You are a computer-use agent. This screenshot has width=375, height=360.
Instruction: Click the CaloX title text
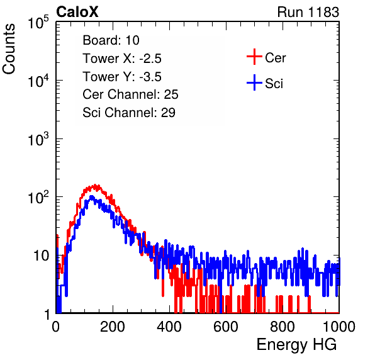(x=77, y=12)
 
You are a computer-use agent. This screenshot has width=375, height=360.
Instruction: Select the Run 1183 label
(x=308, y=12)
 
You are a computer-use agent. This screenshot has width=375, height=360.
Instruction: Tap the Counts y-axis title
(x=9, y=49)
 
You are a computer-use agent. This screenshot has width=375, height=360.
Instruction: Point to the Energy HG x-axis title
(x=296, y=345)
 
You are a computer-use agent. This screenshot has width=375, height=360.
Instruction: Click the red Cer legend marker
(x=254, y=57)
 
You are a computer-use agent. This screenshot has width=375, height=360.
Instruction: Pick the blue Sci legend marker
(x=254, y=82)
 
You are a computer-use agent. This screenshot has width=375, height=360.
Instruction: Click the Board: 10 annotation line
(x=111, y=40)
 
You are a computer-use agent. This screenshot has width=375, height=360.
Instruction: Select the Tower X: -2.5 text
(x=122, y=59)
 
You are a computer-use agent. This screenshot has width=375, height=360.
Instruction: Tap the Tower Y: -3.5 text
(x=122, y=77)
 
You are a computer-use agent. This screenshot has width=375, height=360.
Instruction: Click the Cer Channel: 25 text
(x=130, y=94)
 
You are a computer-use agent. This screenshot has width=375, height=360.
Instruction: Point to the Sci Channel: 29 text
(x=129, y=113)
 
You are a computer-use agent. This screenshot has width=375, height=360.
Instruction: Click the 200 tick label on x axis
(x=113, y=327)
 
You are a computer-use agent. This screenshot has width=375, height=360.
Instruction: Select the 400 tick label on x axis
(x=169, y=327)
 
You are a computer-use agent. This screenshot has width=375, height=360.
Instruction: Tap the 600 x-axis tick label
(x=226, y=327)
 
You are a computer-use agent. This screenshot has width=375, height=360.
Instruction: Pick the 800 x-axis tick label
(x=283, y=327)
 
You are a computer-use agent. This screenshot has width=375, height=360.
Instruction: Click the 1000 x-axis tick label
(x=339, y=327)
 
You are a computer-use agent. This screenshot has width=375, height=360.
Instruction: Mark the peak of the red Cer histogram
(x=96, y=185)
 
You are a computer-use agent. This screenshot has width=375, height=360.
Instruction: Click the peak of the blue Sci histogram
(x=91, y=196)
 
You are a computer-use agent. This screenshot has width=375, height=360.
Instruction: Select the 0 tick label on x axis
(x=56, y=327)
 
